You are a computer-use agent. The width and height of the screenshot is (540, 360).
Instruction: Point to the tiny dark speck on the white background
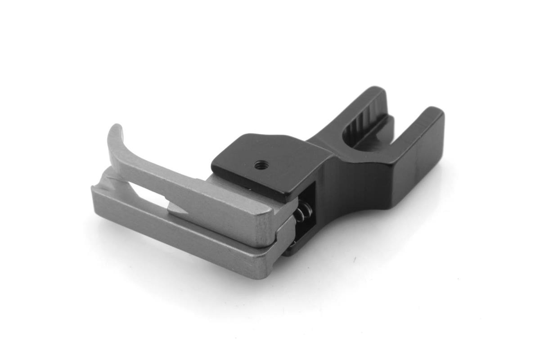click(354, 260)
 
